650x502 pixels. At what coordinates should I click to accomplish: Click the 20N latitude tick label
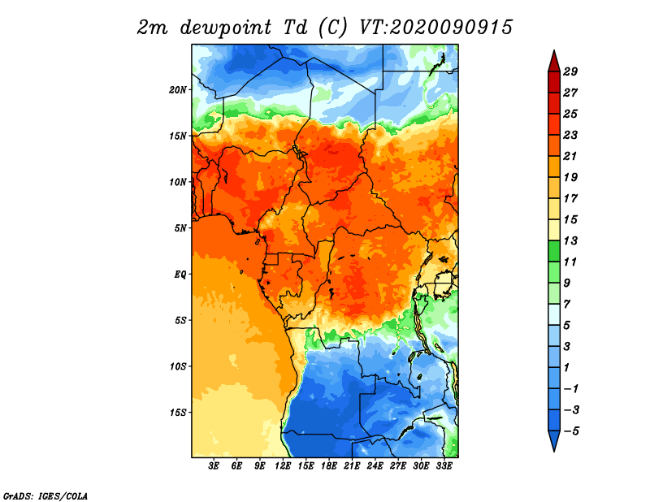point(178,90)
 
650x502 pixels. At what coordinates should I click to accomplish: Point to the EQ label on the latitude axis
point(180,275)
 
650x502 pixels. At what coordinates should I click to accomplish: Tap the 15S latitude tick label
point(178,413)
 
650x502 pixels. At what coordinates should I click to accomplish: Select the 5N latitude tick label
point(180,228)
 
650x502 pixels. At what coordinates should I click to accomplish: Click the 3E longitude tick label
point(214,466)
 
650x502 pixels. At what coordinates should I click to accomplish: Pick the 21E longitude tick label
point(352,466)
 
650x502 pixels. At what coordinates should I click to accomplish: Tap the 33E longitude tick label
point(444,466)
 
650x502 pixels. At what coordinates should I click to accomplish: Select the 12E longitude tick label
point(283,466)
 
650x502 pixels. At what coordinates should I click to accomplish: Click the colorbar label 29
point(570,71)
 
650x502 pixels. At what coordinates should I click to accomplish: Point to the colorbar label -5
point(571,431)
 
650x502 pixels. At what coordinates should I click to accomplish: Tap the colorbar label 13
point(570,240)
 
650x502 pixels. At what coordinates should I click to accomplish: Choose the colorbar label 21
point(570,156)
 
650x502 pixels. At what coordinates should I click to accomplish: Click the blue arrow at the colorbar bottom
point(554,440)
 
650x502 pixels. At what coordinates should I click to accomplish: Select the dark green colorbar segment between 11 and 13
point(554,251)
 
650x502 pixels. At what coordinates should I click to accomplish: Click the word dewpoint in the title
point(226,28)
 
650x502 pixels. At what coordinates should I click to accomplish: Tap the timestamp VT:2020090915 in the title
point(435,28)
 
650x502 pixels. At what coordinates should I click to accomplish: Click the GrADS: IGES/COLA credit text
point(45,496)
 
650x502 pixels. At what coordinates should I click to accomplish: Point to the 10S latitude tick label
point(178,366)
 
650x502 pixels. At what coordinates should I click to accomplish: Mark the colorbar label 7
point(566,305)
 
